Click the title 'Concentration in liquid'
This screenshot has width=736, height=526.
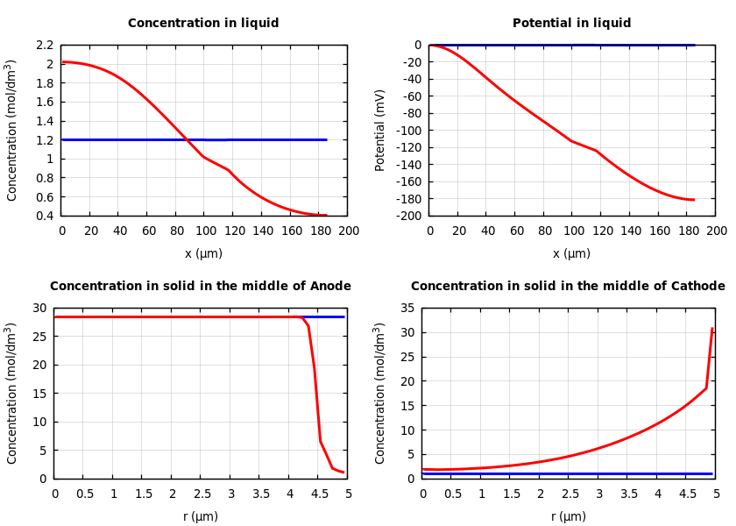(x=203, y=24)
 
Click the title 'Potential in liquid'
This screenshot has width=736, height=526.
(x=571, y=24)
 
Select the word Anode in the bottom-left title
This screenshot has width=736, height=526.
(x=329, y=287)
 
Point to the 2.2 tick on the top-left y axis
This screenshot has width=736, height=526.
(x=44, y=45)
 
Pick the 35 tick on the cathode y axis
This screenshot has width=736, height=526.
(x=406, y=308)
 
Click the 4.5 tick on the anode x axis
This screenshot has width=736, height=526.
(x=319, y=494)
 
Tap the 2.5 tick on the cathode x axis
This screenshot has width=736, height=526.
(x=570, y=494)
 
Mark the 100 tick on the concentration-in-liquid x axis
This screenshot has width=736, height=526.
(x=204, y=231)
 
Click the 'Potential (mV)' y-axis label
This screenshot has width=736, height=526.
(x=380, y=130)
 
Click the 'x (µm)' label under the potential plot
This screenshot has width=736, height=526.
(x=571, y=254)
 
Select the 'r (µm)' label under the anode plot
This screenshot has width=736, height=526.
(x=201, y=517)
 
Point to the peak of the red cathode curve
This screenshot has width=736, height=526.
(x=712, y=329)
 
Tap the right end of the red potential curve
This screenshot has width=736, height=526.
(x=694, y=200)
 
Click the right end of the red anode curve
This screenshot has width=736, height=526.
(x=343, y=473)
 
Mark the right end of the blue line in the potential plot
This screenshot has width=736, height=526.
(x=694, y=45)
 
